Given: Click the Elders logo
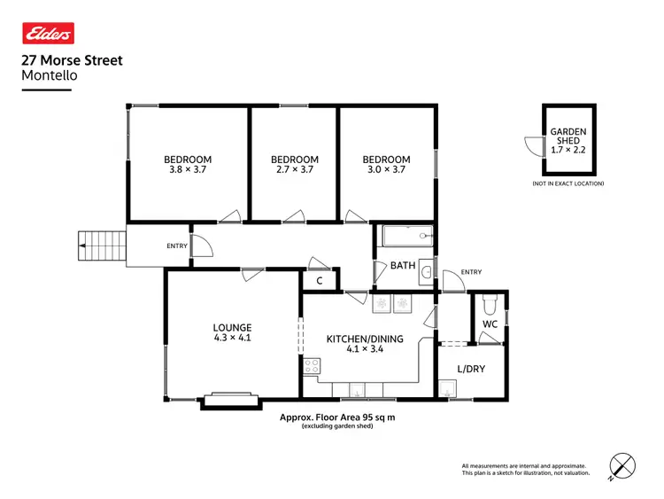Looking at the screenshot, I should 48,34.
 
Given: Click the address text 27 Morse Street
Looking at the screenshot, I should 72,61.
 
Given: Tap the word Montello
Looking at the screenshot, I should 49,76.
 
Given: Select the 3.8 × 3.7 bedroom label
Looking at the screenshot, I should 188,165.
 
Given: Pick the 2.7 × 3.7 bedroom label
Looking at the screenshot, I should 294,165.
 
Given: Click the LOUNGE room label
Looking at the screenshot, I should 232,332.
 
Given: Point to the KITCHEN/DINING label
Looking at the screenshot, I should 365,344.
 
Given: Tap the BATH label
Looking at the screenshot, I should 403,265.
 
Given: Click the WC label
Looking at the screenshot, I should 490,324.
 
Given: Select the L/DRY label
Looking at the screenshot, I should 470,368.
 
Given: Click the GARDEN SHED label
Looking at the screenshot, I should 567,140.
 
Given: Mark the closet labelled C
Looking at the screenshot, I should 320,281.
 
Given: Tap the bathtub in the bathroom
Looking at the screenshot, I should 405,237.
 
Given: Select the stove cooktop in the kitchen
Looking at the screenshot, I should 312,365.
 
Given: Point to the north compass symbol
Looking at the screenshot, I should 622,465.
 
